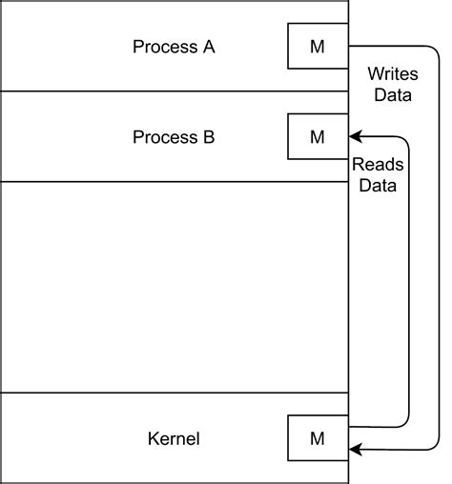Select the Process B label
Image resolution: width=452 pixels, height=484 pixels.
click(174, 137)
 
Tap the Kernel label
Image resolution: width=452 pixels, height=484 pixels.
click(174, 439)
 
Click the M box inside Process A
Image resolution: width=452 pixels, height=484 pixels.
click(318, 45)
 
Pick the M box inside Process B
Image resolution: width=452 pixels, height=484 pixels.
click(318, 136)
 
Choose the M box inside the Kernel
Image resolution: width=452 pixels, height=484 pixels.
click(318, 439)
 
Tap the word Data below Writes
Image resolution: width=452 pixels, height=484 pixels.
click(392, 94)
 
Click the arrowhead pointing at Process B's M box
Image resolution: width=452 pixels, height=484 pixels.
click(356, 136)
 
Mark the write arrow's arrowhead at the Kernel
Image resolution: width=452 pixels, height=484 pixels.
click(356, 448)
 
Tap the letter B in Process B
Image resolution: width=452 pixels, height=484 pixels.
click(209, 137)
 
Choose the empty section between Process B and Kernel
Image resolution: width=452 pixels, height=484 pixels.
click(174, 286)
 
